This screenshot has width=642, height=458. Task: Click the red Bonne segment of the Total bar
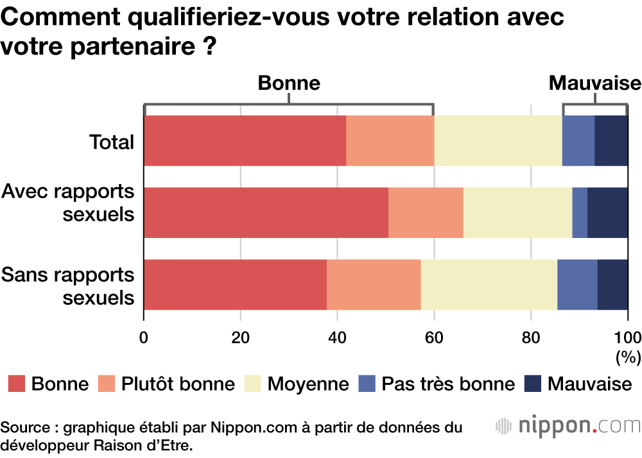(x=245, y=141)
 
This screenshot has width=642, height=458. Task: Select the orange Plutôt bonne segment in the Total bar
(x=390, y=141)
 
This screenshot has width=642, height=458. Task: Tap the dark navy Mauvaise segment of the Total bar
(x=611, y=141)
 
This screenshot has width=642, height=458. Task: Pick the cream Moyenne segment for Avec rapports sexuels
(x=517, y=213)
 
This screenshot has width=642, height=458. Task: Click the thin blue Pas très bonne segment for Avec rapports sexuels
(x=580, y=213)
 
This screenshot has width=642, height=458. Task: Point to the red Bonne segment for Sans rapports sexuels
(x=235, y=285)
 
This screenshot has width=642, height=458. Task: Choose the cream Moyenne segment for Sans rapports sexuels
(x=489, y=285)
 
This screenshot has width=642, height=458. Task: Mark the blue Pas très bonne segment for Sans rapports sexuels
(x=577, y=285)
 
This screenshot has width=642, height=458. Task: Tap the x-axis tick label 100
(x=627, y=337)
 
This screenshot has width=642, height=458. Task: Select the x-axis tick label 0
(x=144, y=337)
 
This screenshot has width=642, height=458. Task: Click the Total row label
(x=112, y=142)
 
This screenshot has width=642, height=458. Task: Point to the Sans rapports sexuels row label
(x=68, y=286)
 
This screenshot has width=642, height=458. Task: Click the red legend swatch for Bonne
(x=17, y=384)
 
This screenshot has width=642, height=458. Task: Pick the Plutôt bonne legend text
(x=178, y=384)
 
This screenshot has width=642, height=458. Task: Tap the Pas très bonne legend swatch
(x=367, y=384)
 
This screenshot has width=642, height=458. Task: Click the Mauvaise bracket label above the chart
(x=594, y=83)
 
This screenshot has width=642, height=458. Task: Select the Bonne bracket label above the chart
(x=289, y=83)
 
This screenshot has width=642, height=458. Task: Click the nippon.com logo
(x=569, y=425)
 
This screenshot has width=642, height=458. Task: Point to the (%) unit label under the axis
(x=628, y=357)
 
